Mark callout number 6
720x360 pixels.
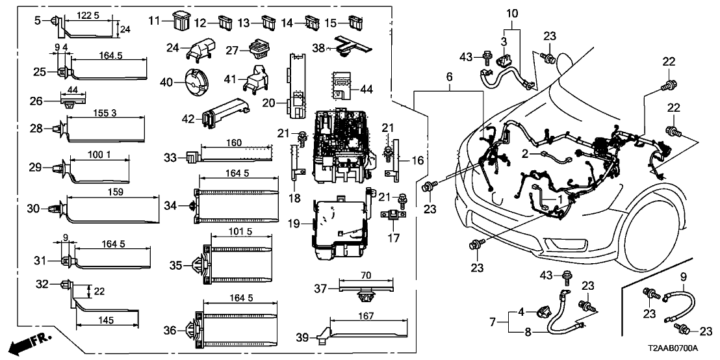pos(448,77)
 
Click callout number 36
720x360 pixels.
pos(169,331)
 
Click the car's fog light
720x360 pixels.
pos(559,244)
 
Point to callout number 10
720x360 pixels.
pos(512,13)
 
